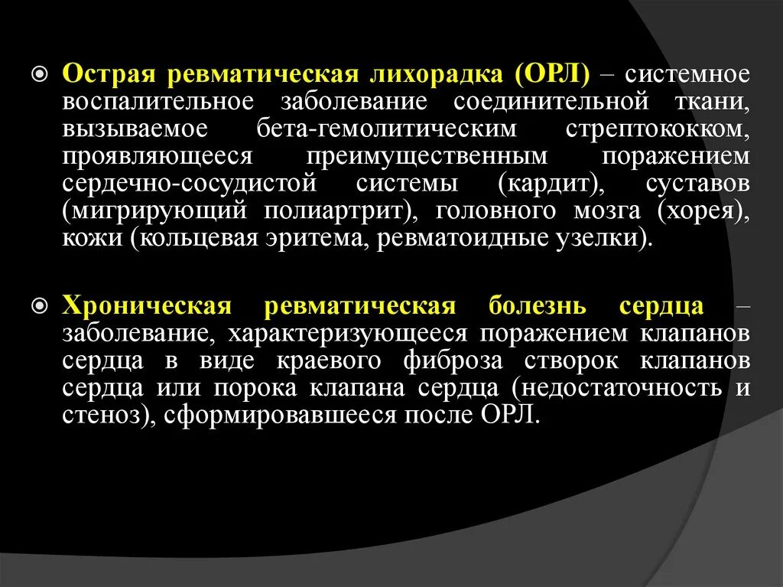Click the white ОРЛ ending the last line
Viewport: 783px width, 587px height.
510,415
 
